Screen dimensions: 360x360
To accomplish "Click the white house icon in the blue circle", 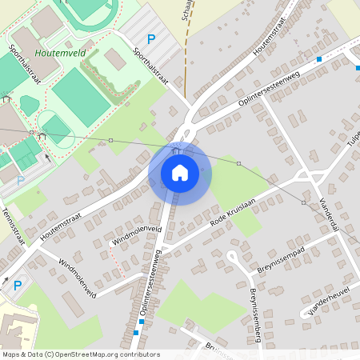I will (x=180, y=172).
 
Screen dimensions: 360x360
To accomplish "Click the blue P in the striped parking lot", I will (x=150, y=38).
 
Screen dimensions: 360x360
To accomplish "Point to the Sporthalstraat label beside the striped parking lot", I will (x=153, y=64).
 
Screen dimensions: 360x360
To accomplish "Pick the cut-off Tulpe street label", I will (x=354, y=145).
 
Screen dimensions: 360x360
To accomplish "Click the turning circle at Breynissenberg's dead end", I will (x=232, y=256).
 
